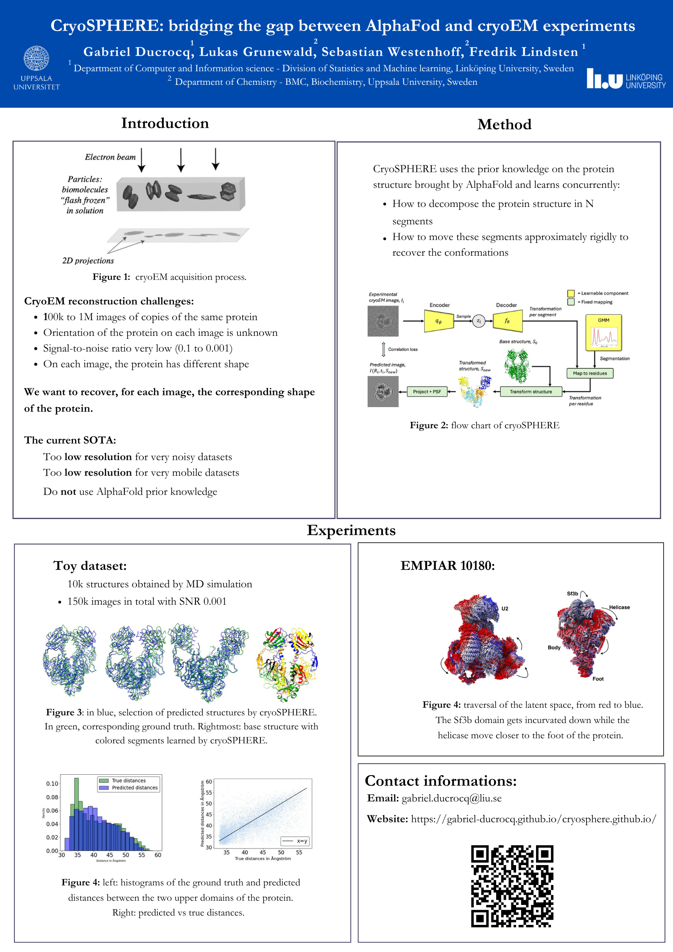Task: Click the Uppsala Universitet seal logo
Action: point(36,59)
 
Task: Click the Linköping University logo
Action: point(626,79)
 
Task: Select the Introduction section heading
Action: point(165,123)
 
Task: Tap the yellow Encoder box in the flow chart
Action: point(439,321)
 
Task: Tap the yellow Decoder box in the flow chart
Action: point(507,321)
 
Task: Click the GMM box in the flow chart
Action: point(603,332)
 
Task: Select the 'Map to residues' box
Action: point(590,373)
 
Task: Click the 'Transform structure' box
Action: point(531,391)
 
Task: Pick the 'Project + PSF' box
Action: point(427,391)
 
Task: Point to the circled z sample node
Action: point(479,321)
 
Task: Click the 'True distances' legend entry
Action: point(128,780)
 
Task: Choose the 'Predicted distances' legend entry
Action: point(134,787)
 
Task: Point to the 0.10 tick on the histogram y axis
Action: point(52,783)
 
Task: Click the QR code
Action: point(512,886)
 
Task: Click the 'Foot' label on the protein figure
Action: point(598,678)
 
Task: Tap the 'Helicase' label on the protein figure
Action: point(619,607)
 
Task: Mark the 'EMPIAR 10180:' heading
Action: point(447,565)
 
